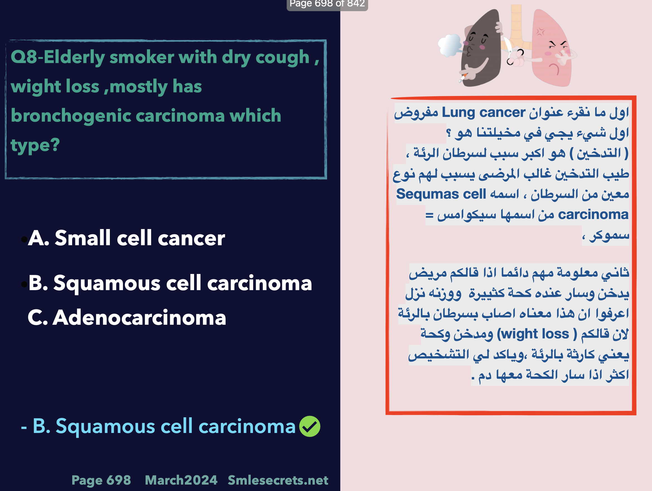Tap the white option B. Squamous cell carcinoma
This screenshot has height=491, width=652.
click(x=170, y=283)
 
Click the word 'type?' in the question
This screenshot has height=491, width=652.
click(x=35, y=145)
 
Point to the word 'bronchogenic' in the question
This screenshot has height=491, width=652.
click(x=71, y=115)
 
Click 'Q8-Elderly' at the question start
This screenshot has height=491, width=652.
click(x=58, y=57)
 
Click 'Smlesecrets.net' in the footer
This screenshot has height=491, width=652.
click(x=278, y=480)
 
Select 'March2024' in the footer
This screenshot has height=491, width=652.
click(x=181, y=480)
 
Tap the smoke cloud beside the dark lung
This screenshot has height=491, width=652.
click(x=449, y=45)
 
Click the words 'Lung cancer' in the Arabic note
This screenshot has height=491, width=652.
click(x=483, y=112)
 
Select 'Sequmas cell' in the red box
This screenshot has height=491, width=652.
click(x=441, y=194)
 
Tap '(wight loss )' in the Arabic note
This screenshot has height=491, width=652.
click(x=537, y=334)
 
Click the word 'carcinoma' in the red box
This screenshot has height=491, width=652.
click(x=593, y=214)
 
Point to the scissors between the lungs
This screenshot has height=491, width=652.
click(x=511, y=52)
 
